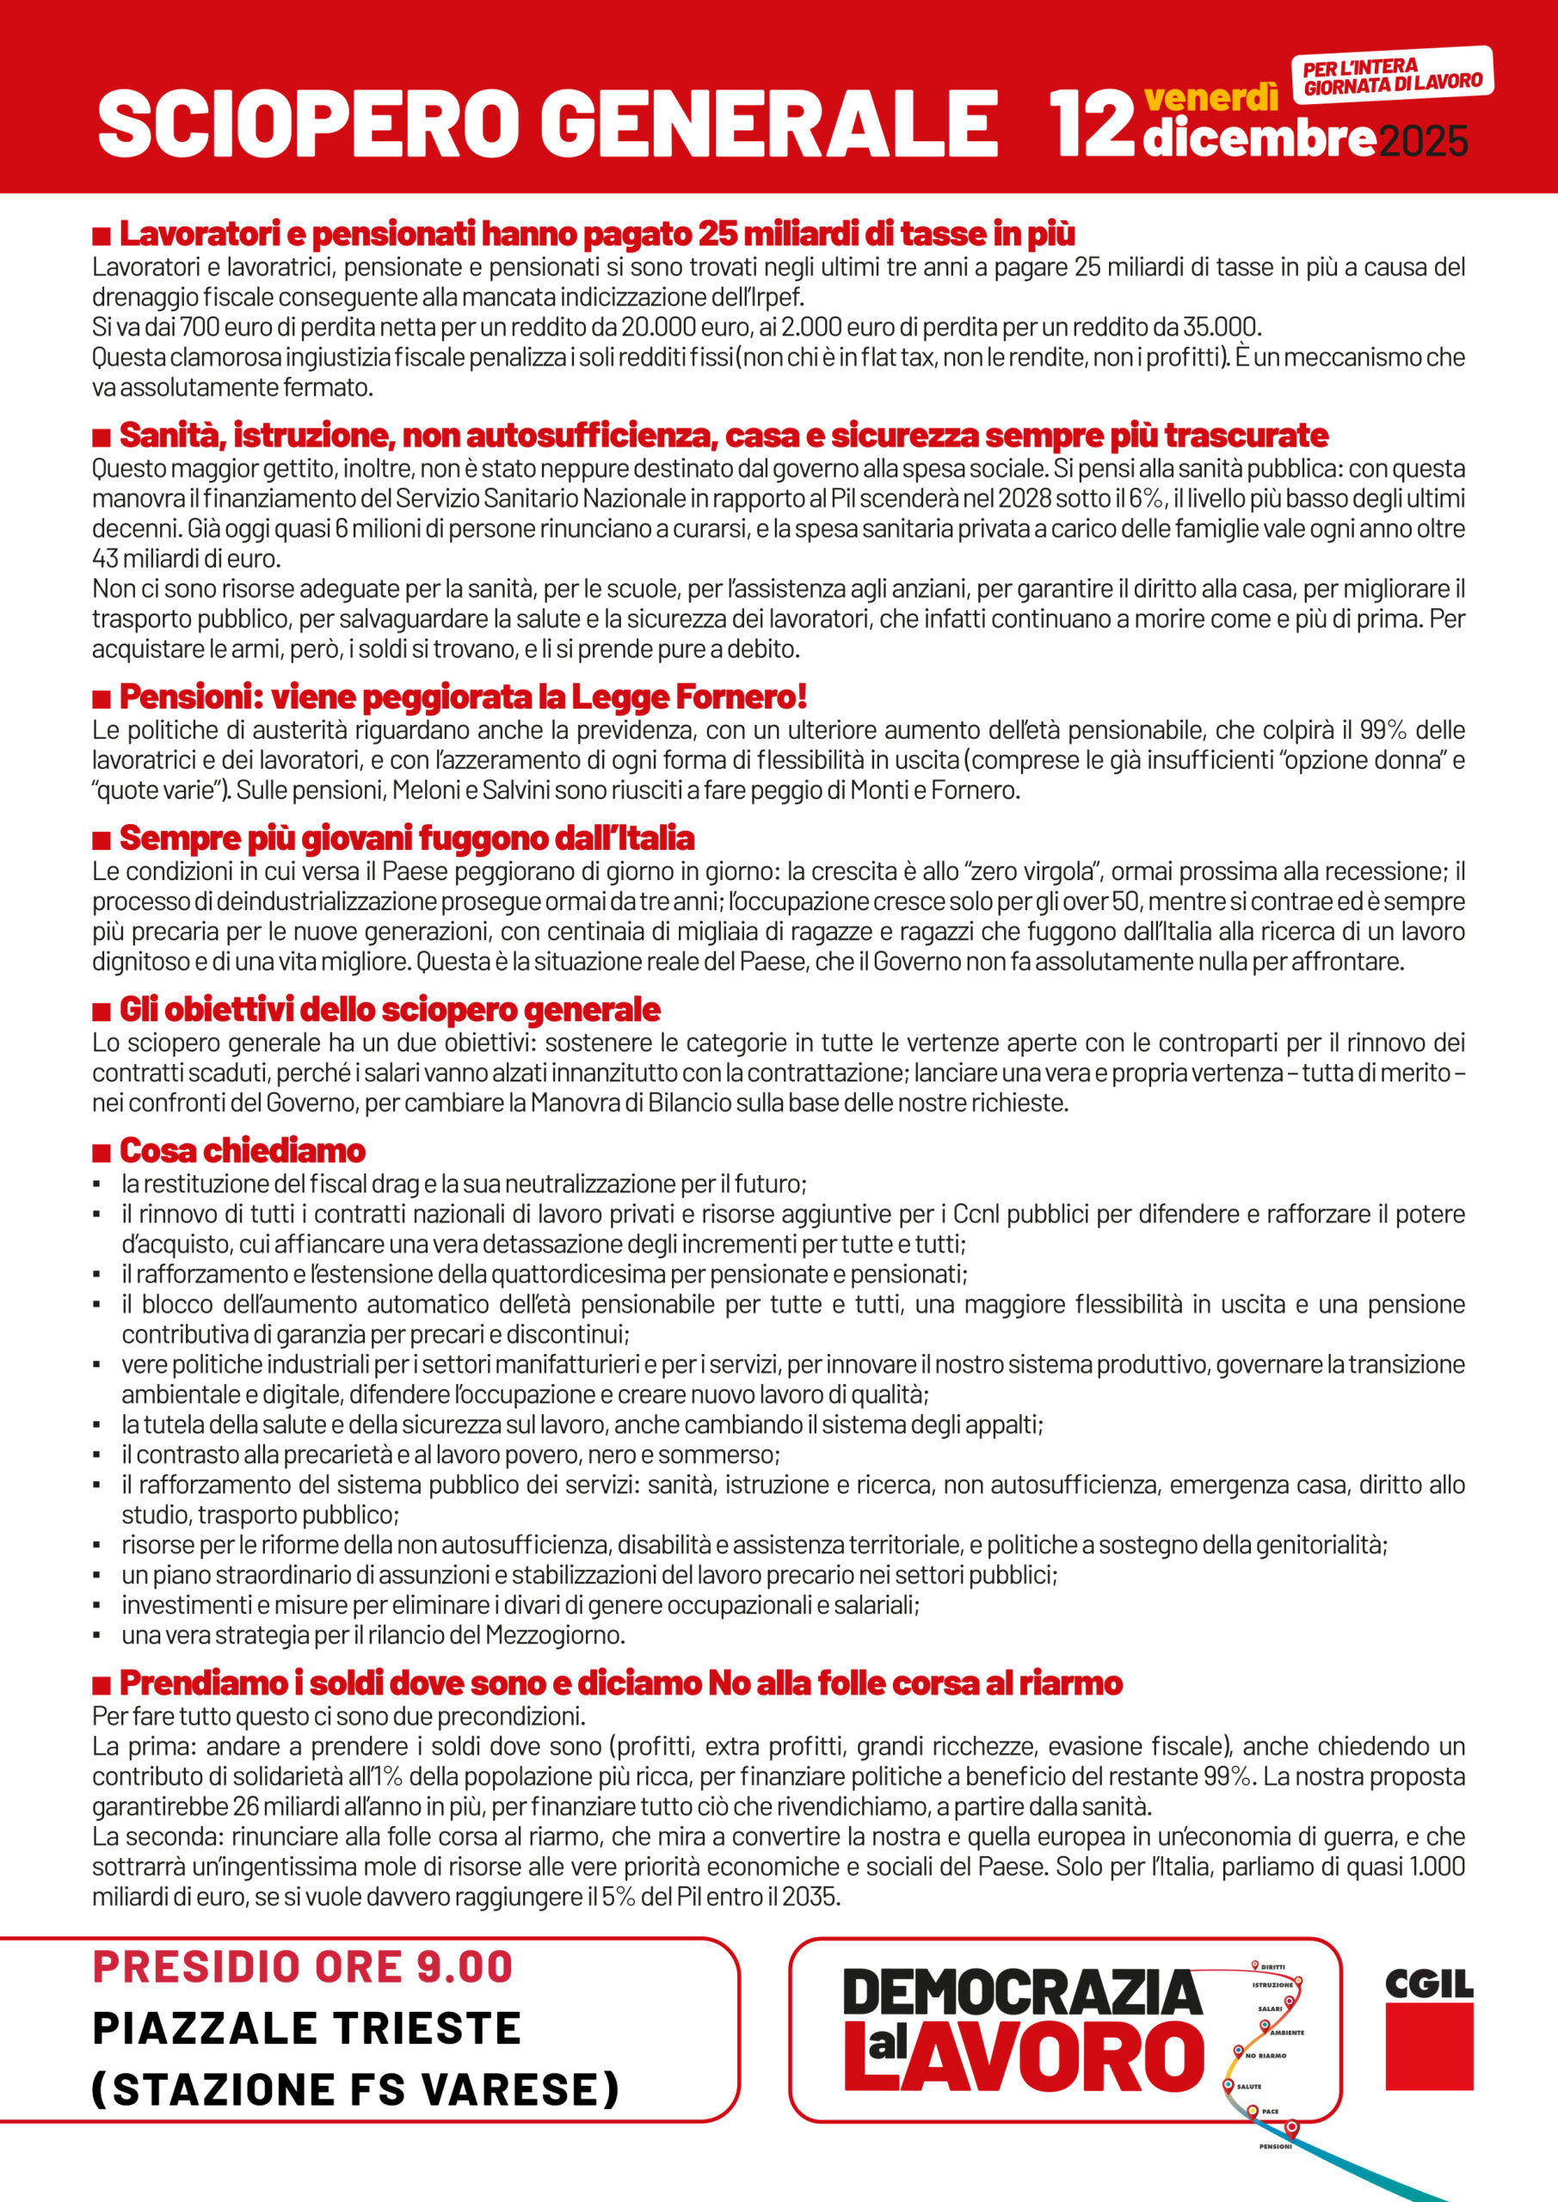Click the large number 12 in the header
click(1092, 123)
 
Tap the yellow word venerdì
click(1210, 98)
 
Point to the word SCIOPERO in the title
click(310, 124)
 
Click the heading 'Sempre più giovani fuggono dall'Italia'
click(406, 838)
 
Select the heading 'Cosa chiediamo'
click(242, 1150)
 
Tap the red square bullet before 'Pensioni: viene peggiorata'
click(101, 698)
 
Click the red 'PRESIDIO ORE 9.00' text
click(303, 1967)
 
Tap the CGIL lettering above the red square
click(1428, 1983)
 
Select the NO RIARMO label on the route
click(1265, 2055)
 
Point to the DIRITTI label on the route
click(1272, 1967)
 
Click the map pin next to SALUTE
click(1228, 2084)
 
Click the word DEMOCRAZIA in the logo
click(1022, 1992)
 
